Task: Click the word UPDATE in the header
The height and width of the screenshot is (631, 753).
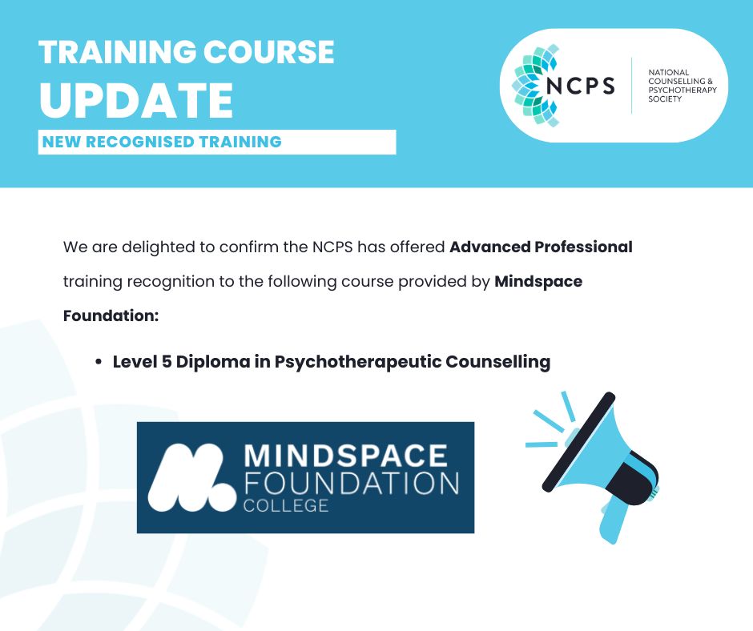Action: (x=135, y=100)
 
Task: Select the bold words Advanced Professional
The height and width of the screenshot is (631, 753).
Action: (x=541, y=247)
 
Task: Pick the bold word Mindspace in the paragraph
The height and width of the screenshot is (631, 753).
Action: (x=538, y=282)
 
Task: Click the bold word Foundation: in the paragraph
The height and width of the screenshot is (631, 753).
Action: (x=111, y=316)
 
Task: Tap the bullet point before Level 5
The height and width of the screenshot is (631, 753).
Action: (x=98, y=363)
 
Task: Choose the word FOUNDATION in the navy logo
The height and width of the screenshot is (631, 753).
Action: (x=350, y=483)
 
